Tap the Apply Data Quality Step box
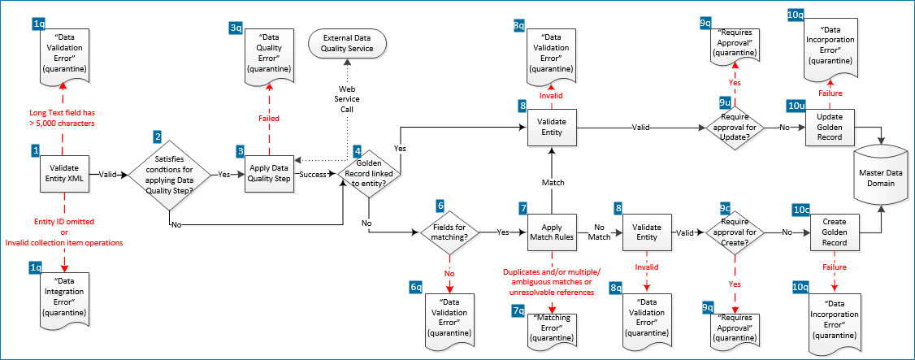(269, 173)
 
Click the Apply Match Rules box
(552, 232)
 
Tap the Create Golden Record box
(835, 232)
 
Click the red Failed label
(269, 119)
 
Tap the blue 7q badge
(518, 310)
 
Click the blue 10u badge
(797, 106)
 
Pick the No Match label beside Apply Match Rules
(599, 232)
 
